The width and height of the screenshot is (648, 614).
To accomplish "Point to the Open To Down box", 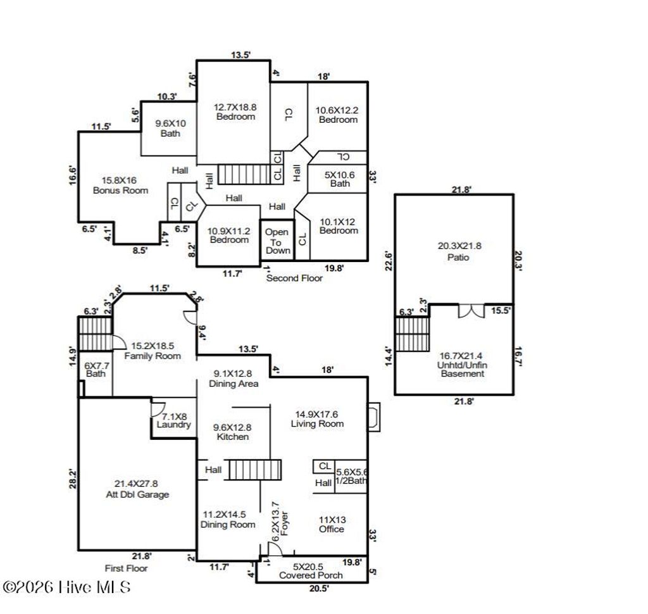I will [x=277, y=241].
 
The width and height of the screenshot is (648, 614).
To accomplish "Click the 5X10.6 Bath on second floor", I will [x=339, y=179].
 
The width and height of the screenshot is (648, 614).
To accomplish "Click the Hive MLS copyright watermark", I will [x=66, y=587].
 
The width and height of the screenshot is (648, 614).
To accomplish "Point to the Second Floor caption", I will [x=294, y=278].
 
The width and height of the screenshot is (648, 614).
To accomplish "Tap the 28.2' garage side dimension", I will [x=73, y=478].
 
